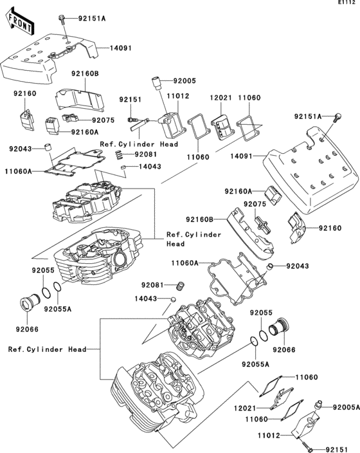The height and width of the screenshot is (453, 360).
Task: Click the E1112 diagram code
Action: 345,5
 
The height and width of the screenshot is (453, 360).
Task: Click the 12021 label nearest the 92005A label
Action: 246,407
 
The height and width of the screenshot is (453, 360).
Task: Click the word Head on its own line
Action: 175,244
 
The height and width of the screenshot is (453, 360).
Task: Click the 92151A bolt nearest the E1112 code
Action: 319,116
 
